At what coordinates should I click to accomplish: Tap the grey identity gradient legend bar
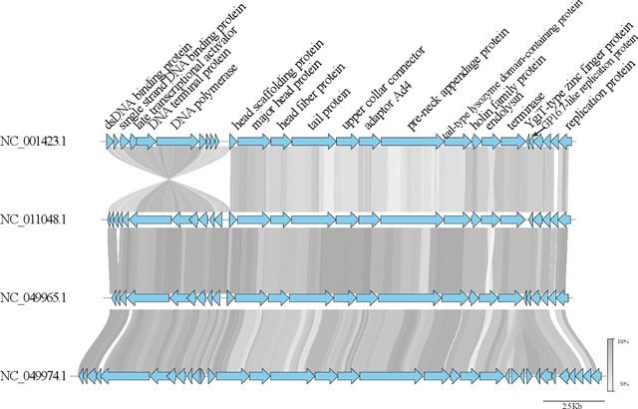pos(609,364)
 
